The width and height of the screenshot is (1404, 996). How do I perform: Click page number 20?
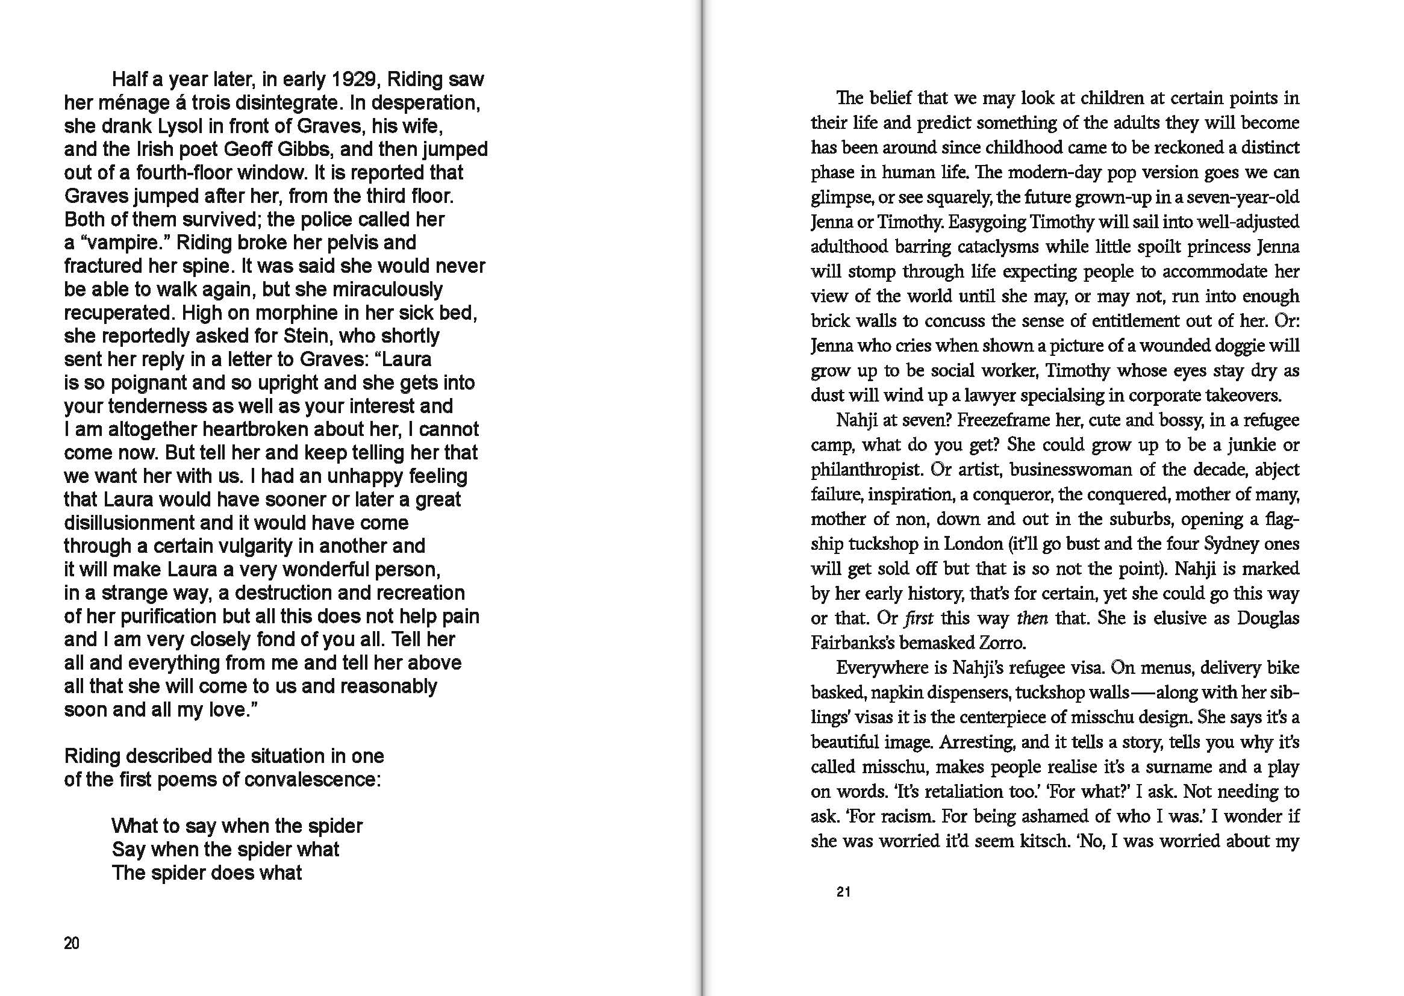72,943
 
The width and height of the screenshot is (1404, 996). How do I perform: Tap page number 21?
843,892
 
